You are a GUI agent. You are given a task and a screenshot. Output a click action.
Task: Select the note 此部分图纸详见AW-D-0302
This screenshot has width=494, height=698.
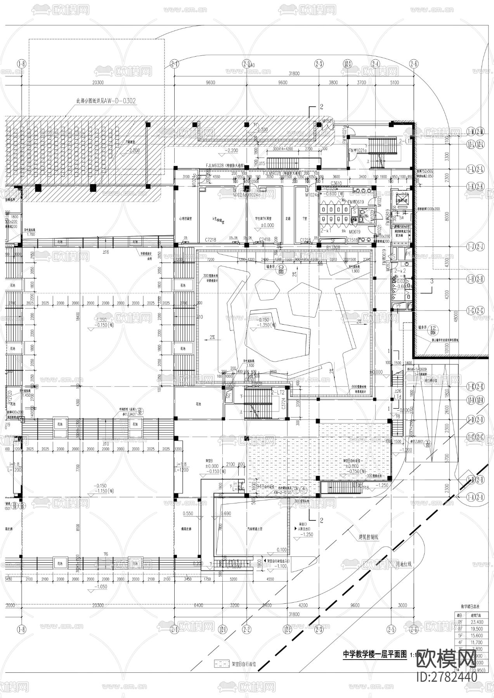click(x=106, y=101)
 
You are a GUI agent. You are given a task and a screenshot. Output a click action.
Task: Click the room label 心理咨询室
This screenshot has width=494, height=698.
click(x=186, y=219)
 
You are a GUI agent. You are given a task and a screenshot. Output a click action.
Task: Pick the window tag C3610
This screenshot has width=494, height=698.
click(x=336, y=183)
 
